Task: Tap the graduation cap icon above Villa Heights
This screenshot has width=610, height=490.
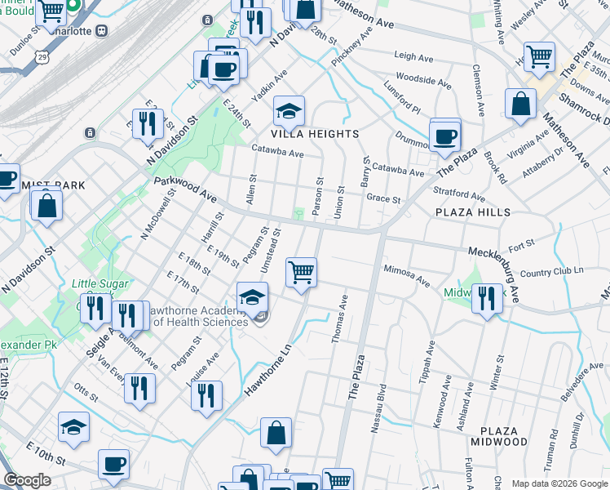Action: [x=288, y=110]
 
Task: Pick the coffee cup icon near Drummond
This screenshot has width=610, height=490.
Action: [x=444, y=136]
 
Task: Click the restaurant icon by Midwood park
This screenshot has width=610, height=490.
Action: [x=487, y=297]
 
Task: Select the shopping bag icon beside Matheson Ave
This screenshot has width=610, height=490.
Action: [x=520, y=105]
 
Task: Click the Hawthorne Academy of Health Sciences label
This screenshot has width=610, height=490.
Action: [x=200, y=316]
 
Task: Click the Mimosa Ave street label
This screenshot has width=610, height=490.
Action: [x=407, y=274]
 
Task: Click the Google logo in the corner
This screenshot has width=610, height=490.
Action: [x=28, y=481]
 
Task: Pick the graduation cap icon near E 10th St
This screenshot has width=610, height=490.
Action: [x=73, y=428]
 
